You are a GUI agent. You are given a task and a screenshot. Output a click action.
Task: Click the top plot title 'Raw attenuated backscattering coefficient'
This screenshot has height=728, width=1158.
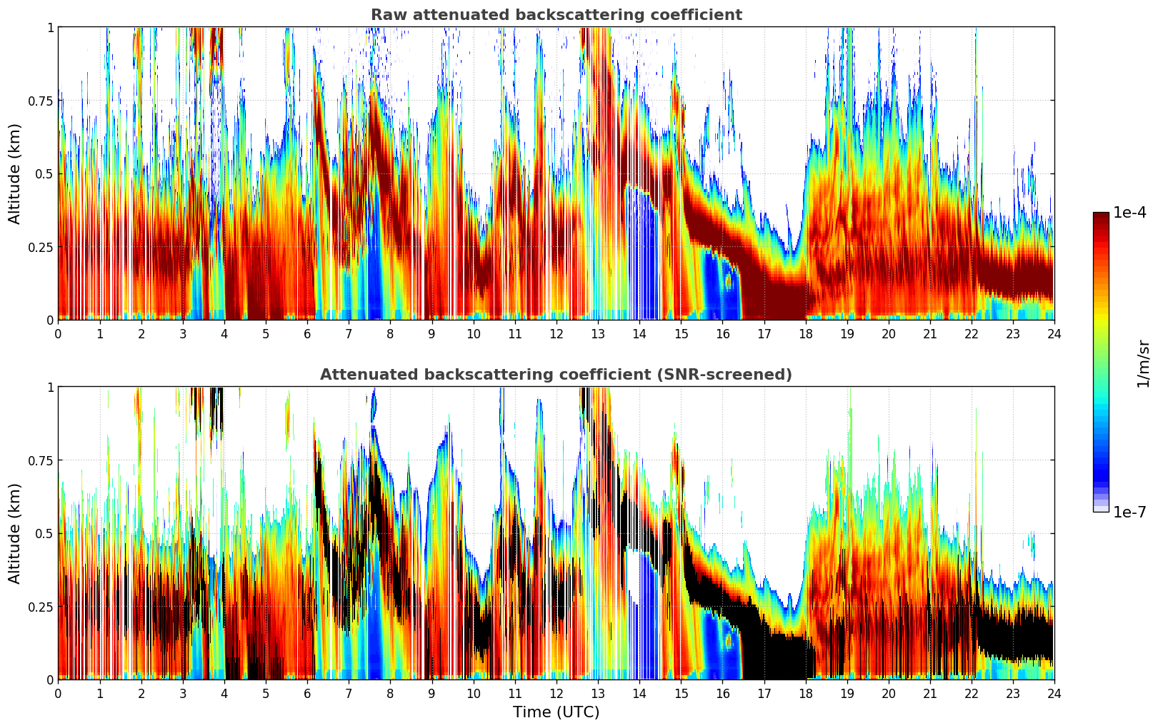556,15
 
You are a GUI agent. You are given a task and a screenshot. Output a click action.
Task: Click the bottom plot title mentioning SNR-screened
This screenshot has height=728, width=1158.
556,375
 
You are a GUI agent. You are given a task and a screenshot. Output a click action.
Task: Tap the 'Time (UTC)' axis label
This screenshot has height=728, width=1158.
556,712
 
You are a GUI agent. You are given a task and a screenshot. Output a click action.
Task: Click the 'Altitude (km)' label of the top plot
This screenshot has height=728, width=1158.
15,173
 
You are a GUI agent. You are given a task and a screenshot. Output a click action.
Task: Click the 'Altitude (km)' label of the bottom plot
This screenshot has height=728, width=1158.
15,533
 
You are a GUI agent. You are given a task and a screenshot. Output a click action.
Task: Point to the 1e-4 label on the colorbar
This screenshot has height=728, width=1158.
1129,213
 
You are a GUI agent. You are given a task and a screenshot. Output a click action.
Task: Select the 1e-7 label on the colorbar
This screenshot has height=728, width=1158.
1129,512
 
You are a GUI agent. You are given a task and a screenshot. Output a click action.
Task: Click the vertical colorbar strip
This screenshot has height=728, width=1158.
1100,362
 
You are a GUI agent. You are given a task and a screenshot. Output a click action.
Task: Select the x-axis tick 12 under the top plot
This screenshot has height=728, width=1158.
556,334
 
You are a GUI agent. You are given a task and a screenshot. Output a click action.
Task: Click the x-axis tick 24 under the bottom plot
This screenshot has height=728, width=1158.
1054,694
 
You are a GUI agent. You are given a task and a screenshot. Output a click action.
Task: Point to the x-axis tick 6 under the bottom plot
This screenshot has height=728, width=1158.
307,694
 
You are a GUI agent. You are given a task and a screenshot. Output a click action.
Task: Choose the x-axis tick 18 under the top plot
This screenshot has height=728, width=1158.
805,334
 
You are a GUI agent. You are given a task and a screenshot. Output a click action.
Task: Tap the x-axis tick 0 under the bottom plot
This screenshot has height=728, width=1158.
58,694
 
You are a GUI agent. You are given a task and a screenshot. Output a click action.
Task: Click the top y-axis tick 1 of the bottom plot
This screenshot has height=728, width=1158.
50,387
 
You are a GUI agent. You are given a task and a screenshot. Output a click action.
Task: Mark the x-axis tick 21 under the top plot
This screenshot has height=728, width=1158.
929,334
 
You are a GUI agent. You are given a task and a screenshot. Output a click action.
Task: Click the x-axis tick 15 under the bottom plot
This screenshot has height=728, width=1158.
681,694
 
